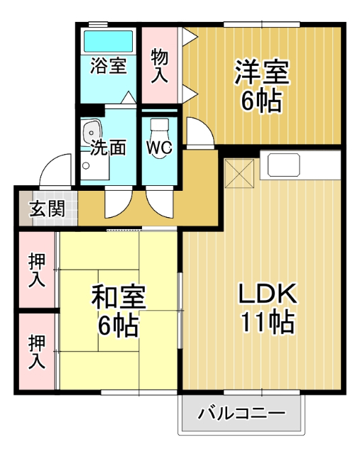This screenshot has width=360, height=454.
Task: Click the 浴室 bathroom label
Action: tap(108, 67)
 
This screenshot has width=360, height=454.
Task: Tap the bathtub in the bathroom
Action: tap(109, 40)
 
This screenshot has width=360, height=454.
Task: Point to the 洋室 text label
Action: tap(261, 73)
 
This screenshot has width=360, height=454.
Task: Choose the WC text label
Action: tap(160, 148)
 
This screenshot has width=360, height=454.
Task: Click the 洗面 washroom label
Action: tap(109, 148)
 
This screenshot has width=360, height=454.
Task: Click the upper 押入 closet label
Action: tap(37, 270)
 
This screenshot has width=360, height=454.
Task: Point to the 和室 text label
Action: tap(118, 297)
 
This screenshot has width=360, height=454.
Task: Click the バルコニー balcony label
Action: tap(241, 413)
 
